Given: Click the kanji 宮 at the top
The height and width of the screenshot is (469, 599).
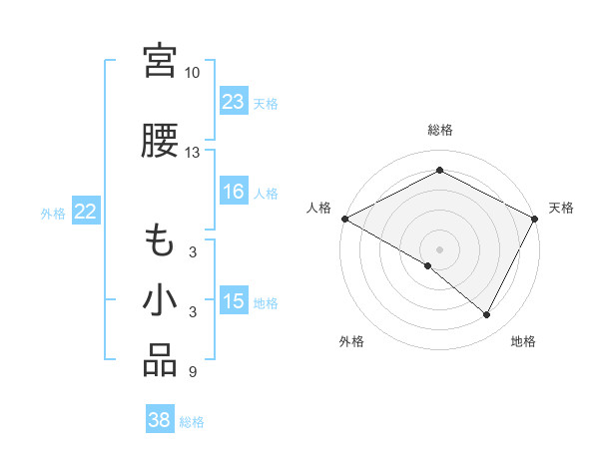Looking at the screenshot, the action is tap(160, 62).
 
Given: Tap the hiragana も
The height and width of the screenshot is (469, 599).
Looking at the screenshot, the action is tap(160, 240).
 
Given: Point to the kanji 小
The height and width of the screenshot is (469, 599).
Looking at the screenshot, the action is tap(160, 300).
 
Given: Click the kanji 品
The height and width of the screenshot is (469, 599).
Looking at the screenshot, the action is tap(160, 361).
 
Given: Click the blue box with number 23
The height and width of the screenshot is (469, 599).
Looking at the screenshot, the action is tap(234, 102).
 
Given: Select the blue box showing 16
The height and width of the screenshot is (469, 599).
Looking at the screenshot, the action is tap(234, 193).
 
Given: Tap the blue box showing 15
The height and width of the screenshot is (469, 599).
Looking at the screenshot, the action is tap(234, 302).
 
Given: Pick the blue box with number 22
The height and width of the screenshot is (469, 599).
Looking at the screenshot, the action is tap(86, 212).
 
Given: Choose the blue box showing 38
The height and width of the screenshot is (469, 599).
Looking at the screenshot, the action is tap(160, 421).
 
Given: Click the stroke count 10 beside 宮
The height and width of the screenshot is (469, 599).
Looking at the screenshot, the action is tap(192, 73).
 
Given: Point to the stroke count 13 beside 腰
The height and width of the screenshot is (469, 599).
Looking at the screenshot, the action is tap(192, 153).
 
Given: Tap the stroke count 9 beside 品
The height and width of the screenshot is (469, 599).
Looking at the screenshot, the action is tap(192, 372).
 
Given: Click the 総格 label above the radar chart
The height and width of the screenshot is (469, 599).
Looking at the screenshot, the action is tap(440, 130).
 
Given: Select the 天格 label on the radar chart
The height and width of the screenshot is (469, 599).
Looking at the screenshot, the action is tap(561, 208).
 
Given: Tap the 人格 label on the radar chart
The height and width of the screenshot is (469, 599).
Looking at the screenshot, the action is tap(319, 208).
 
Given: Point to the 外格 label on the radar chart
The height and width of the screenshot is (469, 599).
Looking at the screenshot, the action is tap(351, 342).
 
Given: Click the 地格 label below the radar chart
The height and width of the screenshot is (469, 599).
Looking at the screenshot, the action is tap(523, 342).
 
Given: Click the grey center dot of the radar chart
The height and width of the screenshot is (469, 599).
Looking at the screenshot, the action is tap(440, 248).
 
